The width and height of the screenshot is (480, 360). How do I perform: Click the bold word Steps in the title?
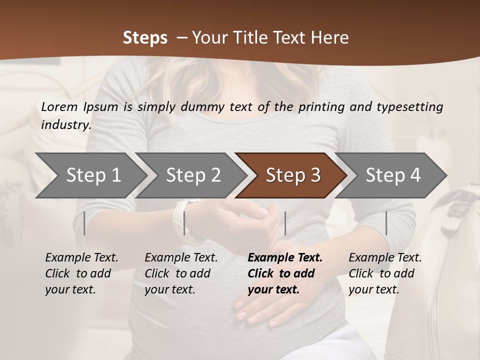point(145,38)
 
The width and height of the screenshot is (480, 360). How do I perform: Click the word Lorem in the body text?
point(58,106)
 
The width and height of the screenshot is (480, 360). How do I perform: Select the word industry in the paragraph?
point(65,124)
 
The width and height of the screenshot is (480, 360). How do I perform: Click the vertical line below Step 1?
point(84,223)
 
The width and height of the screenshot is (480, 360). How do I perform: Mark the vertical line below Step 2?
point(184,223)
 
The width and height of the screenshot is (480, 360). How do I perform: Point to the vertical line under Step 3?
point(285,223)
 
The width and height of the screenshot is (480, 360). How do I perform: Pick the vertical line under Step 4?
point(386,223)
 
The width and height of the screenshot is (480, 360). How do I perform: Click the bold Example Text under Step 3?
point(285,258)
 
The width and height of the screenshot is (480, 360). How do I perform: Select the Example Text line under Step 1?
point(81,258)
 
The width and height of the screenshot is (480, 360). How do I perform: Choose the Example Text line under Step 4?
point(385,258)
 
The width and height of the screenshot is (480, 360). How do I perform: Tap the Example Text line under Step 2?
point(181,258)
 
